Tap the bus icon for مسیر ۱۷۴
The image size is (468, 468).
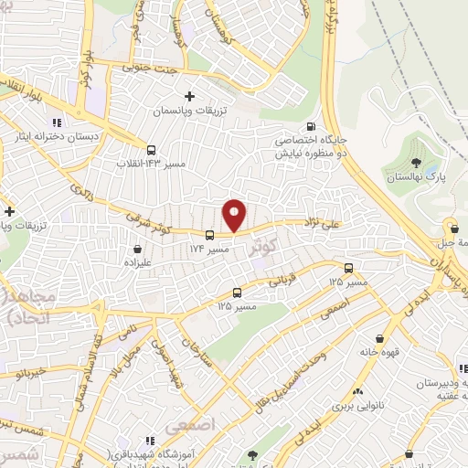[x=210, y=234]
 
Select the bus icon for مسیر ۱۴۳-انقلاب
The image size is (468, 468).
[x=151, y=151]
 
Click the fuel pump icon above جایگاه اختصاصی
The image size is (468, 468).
[x=313, y=127]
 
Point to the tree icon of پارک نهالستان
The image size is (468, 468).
[x=417, y=164]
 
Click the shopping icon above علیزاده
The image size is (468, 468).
[x=137, y=247]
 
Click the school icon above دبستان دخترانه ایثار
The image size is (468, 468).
[x=56, y=122]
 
